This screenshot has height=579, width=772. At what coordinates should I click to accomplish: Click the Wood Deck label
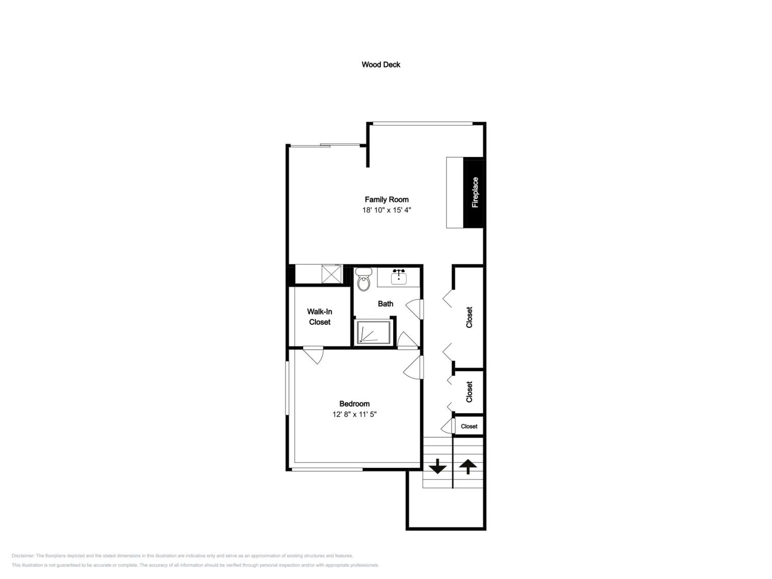pos(381,65)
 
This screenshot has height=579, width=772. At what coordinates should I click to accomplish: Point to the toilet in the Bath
pos(364,279)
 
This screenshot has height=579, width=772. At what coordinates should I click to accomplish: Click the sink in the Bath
pos(399,277)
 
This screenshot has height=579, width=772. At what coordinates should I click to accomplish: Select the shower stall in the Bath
pos(373,332)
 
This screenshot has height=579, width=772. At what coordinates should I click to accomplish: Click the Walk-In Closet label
pos(320,317)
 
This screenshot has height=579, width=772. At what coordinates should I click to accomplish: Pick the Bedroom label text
pos(355,404)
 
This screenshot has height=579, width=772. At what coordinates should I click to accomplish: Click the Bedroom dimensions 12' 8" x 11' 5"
pos(355,414)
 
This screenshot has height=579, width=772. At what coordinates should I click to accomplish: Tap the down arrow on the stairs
pos(437,466)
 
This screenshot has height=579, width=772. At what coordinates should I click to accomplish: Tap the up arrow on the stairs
pos(468,467)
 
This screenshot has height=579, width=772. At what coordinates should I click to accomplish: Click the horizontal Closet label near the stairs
pos(469,426)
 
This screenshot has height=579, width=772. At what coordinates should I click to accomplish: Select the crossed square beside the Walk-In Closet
pos(331,274)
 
